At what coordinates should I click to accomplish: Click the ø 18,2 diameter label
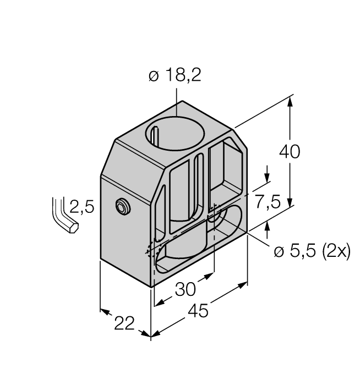coord(174,76)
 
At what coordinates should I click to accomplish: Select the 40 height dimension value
coord(290,151)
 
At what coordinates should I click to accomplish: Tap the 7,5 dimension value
coord(267,202)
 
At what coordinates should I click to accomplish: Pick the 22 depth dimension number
coord(123,324)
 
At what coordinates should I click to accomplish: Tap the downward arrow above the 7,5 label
coord(267,177)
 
